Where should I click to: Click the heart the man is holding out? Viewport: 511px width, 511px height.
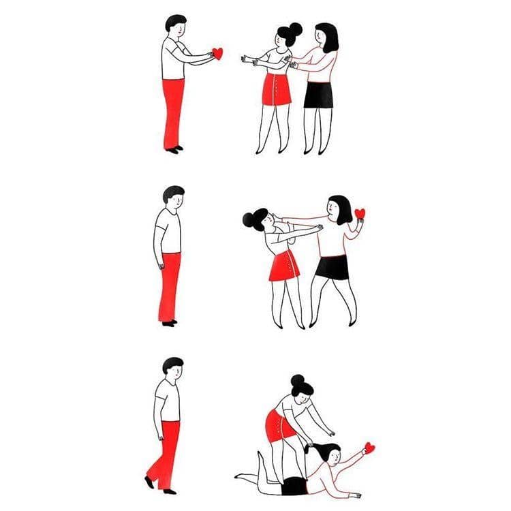[x=217, y=53]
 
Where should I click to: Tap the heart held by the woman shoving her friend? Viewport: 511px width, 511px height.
[x=360, y=214]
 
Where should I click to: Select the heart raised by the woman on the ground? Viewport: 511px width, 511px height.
[x=369, y=448]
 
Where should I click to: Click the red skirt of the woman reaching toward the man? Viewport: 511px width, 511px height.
[x=277, y=89]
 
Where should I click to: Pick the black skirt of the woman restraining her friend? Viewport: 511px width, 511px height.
[x=318, y=94]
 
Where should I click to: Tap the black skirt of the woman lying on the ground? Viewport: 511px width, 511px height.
[x=294, y=486]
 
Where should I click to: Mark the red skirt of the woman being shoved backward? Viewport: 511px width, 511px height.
[x=284, y=266]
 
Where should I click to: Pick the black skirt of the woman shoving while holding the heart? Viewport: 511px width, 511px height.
[x=333, y=266]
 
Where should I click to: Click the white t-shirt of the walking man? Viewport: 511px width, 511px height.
[x=168, y=401]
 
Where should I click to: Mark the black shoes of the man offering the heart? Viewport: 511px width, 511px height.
[x=174, y=149]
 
